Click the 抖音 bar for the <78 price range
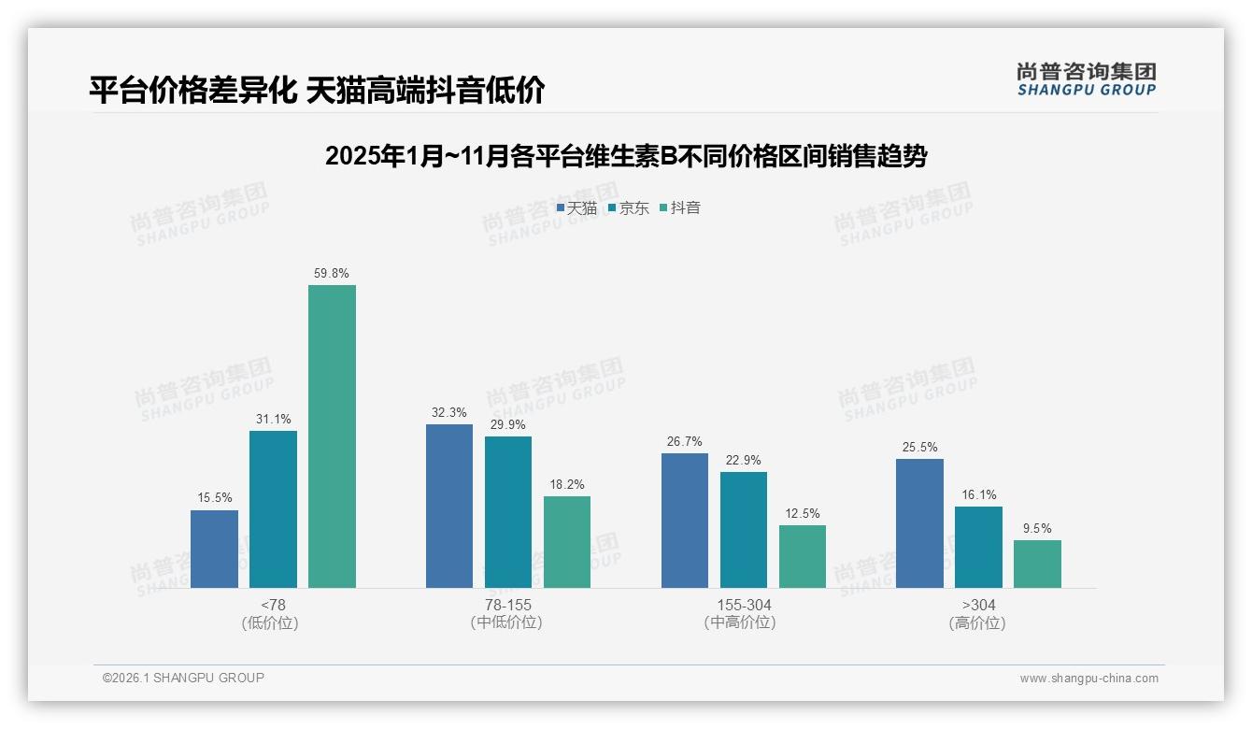coord(332,436)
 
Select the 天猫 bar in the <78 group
coord(214,549)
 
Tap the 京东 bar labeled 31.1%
coord(273,509)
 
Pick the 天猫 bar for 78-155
coord(449,506)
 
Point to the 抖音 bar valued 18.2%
coord(567,542)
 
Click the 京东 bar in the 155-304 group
coord(744,530)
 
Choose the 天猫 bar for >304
coord(919,523)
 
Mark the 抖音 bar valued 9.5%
coord(1037,564)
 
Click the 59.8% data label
coord(332,274)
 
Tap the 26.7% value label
coord(685,442)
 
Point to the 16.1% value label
coord(978,495)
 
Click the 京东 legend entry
coord(629,208)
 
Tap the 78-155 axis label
coord(507,606)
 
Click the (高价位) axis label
coord(977,623)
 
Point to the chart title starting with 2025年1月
coord(626,156)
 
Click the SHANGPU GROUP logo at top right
coord(1087,79)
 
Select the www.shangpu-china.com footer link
coord(1088,679)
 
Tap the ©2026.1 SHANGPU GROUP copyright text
coord(183,678)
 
